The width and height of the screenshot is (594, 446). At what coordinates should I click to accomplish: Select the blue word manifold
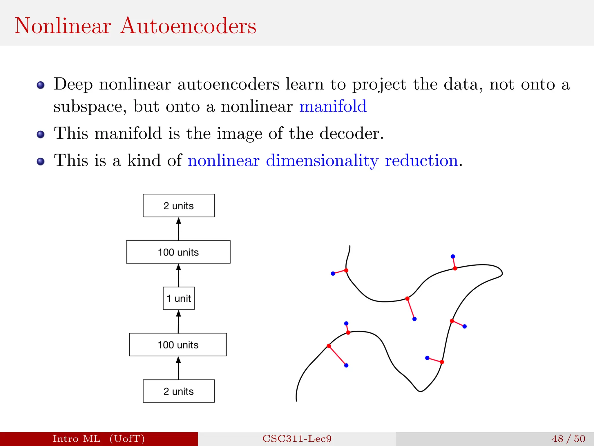pos(333,106)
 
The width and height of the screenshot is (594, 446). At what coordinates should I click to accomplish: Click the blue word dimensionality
pos(322,161)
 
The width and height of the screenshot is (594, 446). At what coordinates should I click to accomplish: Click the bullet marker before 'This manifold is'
pos(41,134)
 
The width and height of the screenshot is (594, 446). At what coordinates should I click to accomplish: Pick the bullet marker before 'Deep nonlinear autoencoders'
pos(41,85)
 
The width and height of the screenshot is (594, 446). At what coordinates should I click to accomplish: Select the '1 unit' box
pos(179,298)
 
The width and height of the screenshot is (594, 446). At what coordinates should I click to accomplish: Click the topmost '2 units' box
pos(179,206)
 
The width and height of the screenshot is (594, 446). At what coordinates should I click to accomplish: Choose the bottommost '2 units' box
pos(179,391)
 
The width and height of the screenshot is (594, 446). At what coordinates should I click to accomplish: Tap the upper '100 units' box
pos(178,252)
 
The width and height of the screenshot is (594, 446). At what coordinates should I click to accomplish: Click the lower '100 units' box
pos(178,345)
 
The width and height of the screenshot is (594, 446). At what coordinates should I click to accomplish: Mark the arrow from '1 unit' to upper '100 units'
pos(178,275)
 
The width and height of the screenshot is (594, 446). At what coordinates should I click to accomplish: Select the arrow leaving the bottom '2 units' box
pos(178,368)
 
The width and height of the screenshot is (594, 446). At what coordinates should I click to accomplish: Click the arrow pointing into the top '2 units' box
pos(178,229)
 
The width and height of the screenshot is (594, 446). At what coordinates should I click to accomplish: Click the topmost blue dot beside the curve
pos(453,256)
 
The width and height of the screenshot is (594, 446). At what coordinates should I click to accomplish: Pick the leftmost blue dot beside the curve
pos(333,274)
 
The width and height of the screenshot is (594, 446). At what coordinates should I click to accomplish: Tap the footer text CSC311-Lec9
pos(297,438)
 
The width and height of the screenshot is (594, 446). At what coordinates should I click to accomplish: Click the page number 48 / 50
pos(568,438)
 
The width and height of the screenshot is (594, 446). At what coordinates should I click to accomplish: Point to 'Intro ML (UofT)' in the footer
pos(99,438)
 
